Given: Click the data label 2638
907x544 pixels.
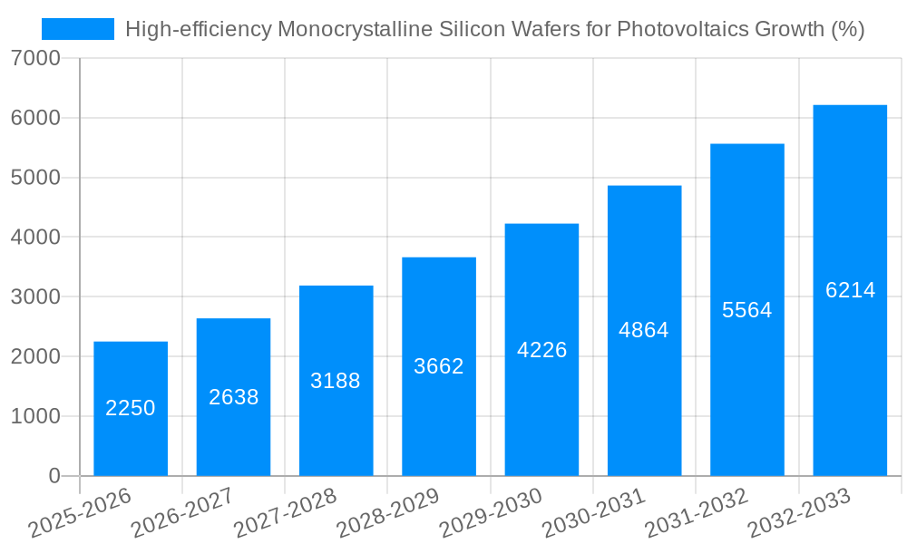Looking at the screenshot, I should [234, 397].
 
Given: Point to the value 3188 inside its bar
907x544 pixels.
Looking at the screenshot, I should [336, 381].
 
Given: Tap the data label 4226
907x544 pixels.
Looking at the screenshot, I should [541, 350].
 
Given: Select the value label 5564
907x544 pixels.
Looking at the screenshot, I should [746, 310].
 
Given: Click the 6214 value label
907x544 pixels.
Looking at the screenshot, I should [850, 290].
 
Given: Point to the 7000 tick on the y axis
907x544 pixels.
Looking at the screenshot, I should [36, 59].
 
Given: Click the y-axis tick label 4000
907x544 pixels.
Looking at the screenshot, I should [36, 238].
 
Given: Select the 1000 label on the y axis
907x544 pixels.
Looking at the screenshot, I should [36, 417].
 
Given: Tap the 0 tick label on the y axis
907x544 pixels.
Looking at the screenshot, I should [54, 477].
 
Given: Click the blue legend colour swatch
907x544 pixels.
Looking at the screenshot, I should [78, 29].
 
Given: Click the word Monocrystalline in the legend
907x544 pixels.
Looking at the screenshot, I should [355, 29].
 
